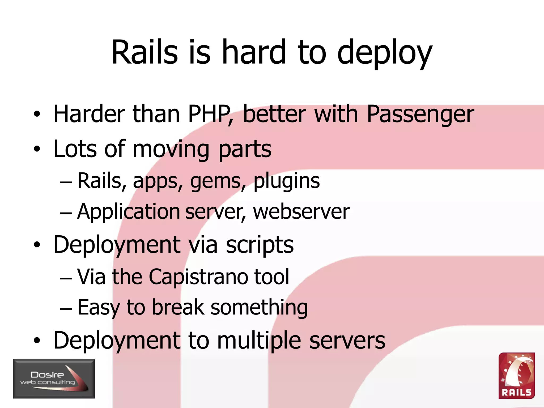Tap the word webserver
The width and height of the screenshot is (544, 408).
point(301,212)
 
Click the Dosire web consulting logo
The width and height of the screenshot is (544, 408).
point(54,379)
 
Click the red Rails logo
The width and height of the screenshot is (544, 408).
point(516,376)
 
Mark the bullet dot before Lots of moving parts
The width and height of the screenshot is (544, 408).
point(37,149)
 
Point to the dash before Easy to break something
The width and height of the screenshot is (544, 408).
point(66,309)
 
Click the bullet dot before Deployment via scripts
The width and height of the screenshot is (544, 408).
point(37,245)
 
